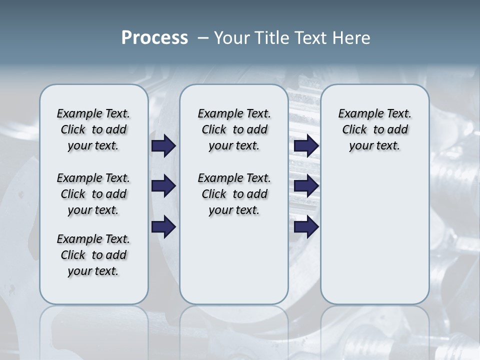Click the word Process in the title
pyautogui.click(x=154, y=37)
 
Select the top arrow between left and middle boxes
pyautogui.click(x=163, y=146)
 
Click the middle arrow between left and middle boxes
pyautogui.click(x=163, y=186)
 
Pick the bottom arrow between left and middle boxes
pyautogui.click(x=163, y=227)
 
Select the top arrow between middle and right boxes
pyautogui.click(x=306, y=146)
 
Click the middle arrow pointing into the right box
pyautogui.click(x=306, y=186)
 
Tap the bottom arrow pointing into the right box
pyautogui.click(x=306, y=227)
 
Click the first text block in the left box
pyautogui.click(x=93, y=129)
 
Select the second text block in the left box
pyautogui.click(x=93, y=194)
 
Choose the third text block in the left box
pyautogui.click(x=93, y=255)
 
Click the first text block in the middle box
pyautogui.click(x=234, y=129)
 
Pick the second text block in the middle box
pyautogui.click(x=234, y=194)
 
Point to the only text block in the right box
pyautogui.click(x=375, y=129)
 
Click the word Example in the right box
pyautogui.click(x=356, y=114)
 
